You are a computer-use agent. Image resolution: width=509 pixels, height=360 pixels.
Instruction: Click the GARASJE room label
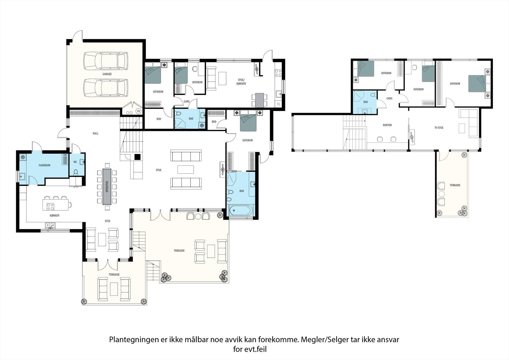coord(107,74)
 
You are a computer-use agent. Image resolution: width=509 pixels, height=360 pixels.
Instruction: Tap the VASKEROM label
coord(44,165)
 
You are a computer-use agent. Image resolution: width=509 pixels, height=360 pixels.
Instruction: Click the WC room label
coord(75,162)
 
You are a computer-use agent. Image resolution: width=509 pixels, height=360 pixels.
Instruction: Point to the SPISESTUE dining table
coord(107,186)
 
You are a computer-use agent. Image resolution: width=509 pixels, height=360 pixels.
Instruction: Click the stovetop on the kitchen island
coord(50,206)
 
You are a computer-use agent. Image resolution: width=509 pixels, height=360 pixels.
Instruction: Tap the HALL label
coord(95,133)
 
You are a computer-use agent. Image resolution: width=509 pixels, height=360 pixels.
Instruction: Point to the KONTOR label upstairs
coord(387,125)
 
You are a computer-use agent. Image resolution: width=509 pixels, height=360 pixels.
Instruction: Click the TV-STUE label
coord(439,128)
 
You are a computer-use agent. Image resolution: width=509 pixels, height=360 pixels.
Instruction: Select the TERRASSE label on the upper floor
coord(455,185)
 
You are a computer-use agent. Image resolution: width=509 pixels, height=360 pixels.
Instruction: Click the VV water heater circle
coord(138,111)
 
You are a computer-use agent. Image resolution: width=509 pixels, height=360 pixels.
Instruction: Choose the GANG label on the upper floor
coord(389,98)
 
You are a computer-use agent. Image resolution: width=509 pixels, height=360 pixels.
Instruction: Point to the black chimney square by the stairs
coord(137,157)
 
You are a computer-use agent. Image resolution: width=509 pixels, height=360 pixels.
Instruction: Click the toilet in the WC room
coord(76,173)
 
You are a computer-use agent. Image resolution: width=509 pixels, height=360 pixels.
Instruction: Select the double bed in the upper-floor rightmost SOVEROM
coord(477,83)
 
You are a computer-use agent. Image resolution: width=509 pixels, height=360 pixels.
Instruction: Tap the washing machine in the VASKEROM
coord(23,157)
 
